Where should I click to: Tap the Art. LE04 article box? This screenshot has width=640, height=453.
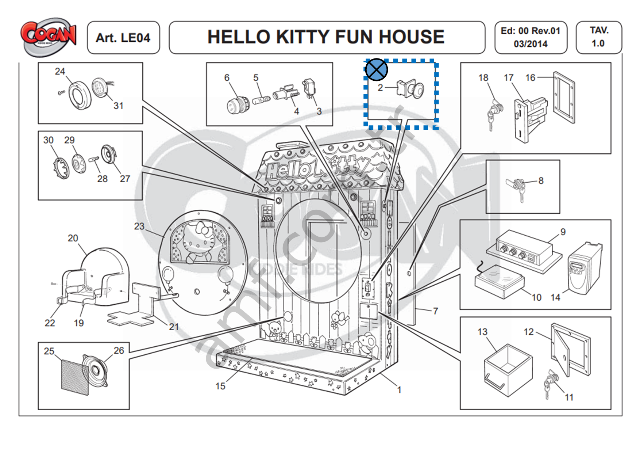point(123,38)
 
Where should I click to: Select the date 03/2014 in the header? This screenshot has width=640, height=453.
point(531,44)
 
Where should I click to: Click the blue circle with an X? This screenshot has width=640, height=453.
point(376,69)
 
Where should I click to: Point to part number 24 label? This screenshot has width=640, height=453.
point(60,71)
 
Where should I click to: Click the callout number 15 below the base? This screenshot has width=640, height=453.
point(220,386)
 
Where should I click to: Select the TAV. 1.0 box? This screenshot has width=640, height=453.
point(598,37)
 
